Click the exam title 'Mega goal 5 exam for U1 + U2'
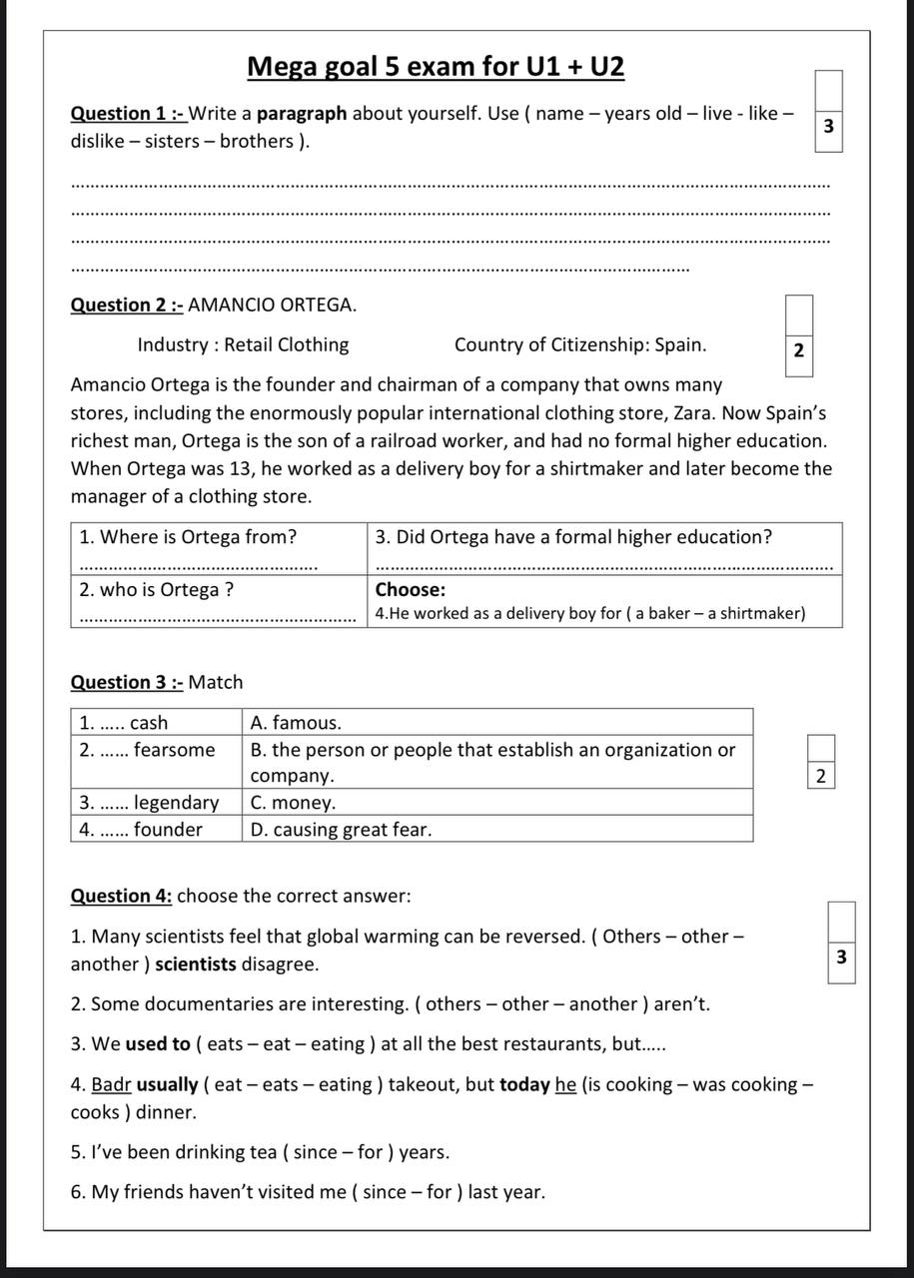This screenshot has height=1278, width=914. [x=436, y=67]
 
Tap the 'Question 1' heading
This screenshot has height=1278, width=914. [x=127, y=113]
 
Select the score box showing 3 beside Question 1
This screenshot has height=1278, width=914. [x=828, y=127]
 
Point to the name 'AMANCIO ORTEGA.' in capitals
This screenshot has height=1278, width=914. [x=272, y=305]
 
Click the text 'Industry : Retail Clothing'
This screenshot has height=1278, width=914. [x=243, y=345]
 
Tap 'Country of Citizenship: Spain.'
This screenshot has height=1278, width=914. [x=579, y=345]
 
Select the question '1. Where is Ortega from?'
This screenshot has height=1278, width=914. [x=188, y=537]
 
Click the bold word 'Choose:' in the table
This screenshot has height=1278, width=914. [x=410, y=590]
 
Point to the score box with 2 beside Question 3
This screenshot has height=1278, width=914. [x=820, y=775]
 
